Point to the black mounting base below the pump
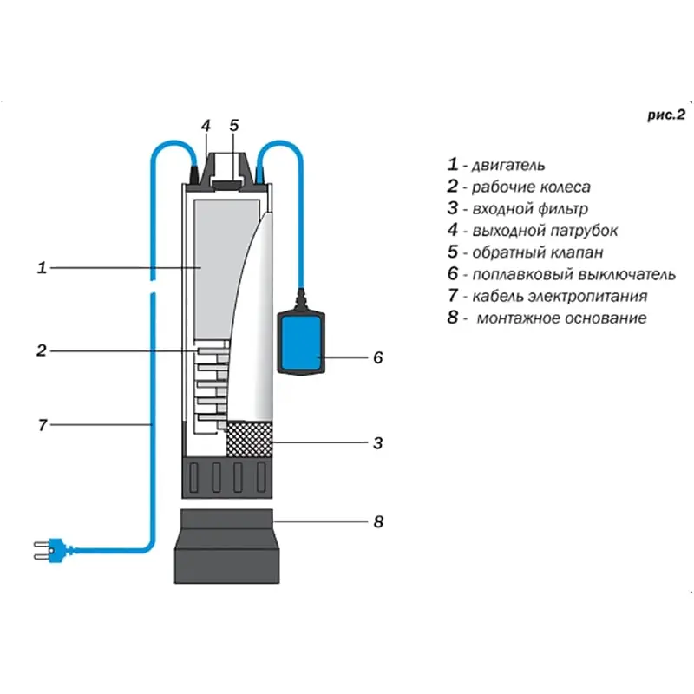227,547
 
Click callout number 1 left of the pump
41,268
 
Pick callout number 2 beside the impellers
41,350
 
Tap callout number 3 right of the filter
377,443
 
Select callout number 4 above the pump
206,125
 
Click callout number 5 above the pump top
233,125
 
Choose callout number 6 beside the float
377,357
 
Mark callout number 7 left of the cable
41,425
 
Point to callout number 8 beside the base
377,522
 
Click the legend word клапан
575,253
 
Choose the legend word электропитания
598,297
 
